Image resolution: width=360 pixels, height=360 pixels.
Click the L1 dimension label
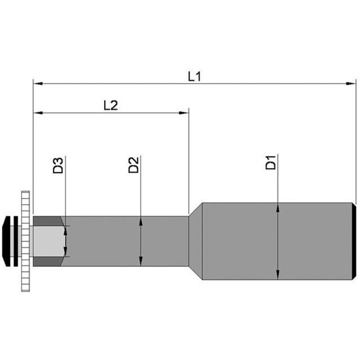(x=194, y=76)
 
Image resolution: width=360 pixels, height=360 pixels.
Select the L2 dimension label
(x=111, y=105)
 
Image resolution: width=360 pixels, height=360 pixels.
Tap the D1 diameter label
(x=271, y=162)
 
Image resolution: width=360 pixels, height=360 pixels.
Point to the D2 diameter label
(x=134, y=165)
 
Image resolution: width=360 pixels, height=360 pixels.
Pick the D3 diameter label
(x=58, y=165)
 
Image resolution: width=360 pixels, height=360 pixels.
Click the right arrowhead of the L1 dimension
(x=351, y=84)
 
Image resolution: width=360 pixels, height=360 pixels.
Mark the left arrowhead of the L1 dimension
(x=38, y=84)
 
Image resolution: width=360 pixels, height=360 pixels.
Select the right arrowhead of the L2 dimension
(x=184, y=113)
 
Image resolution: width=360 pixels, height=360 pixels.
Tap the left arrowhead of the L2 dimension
(x=38, y=113)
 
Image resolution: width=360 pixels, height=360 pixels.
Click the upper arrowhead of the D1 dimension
(x=278, y=207)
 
